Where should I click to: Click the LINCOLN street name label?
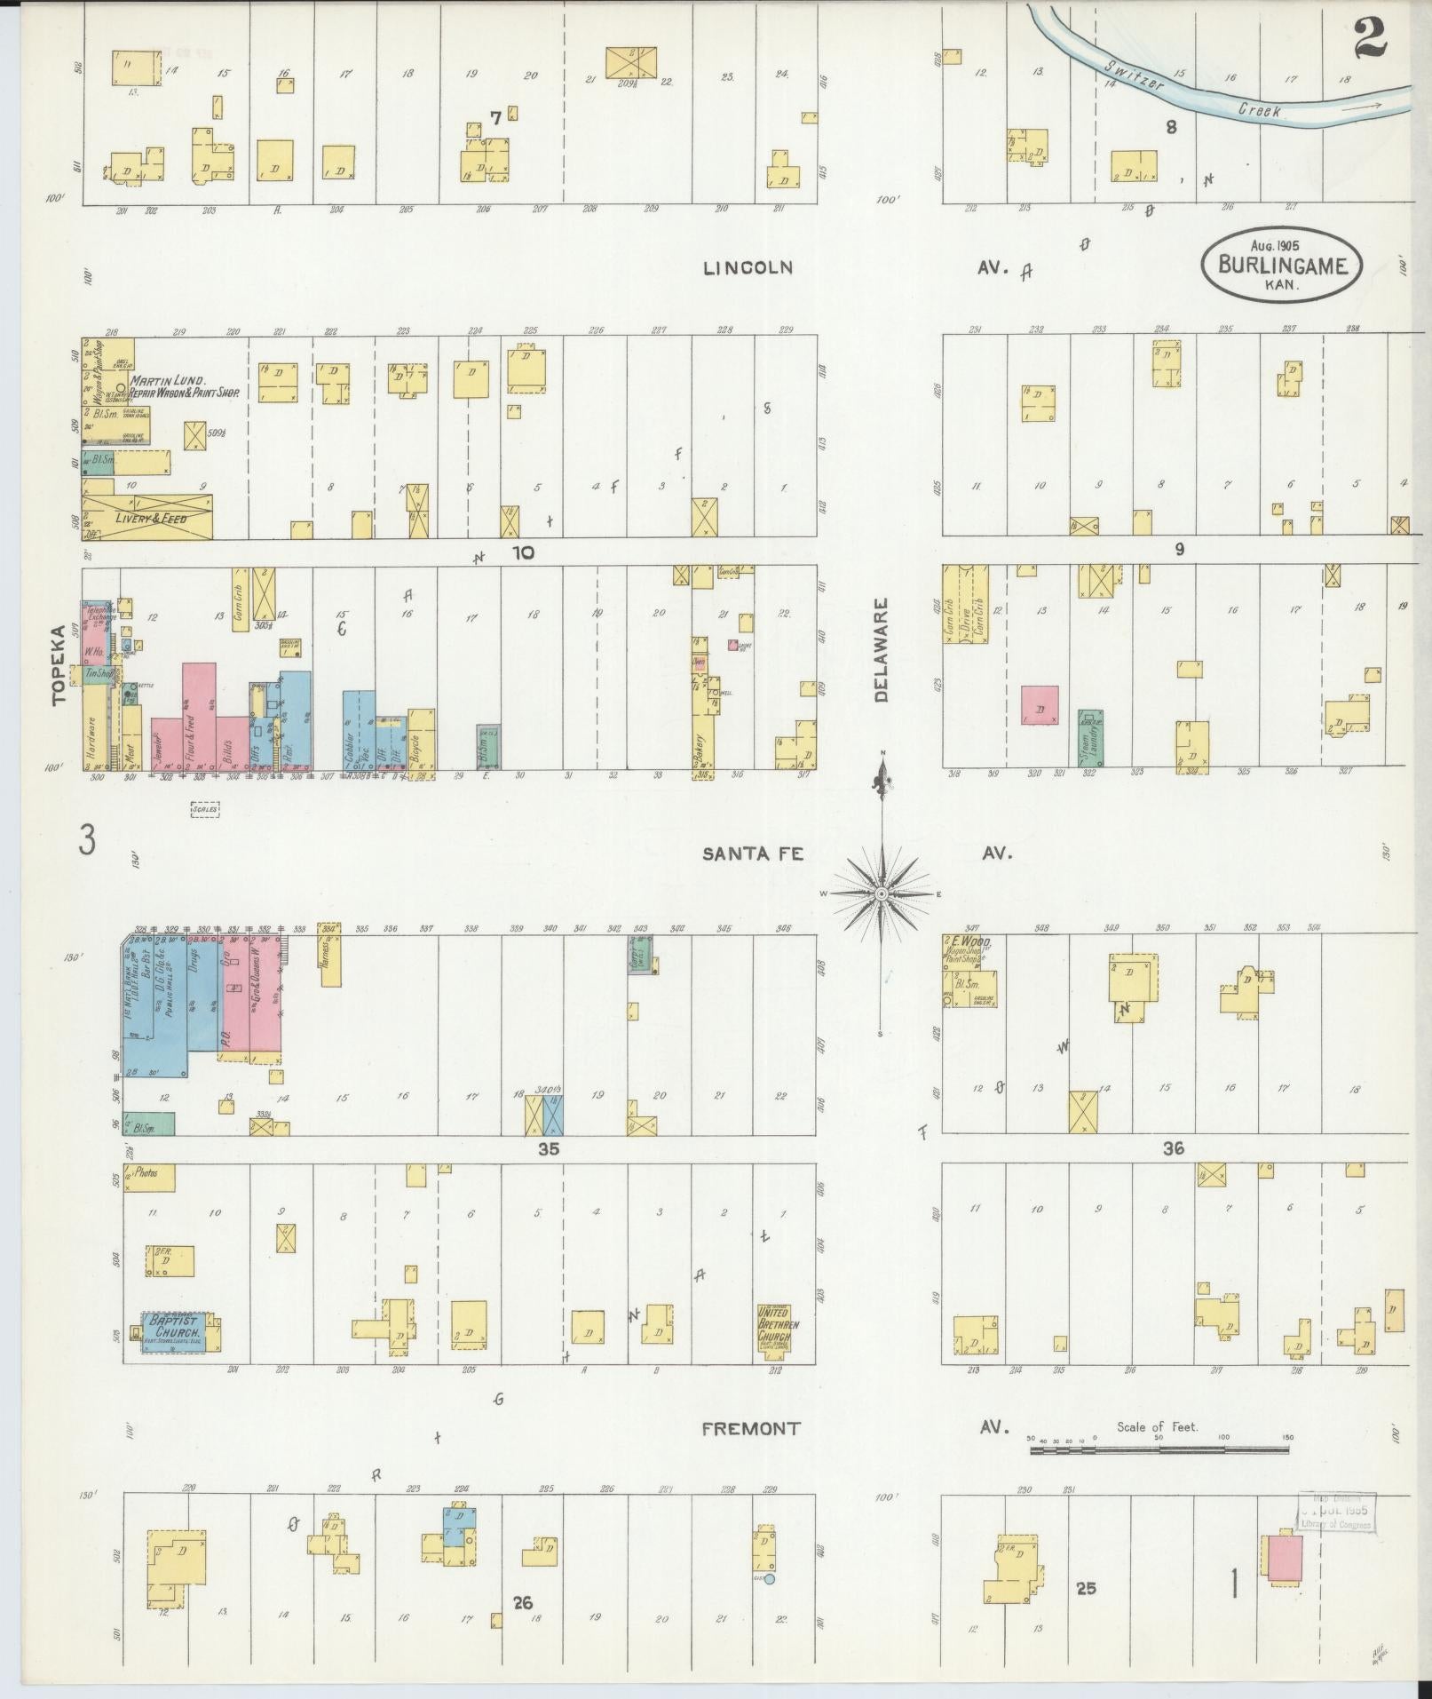pos(747,267)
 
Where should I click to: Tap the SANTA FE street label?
pos(753,853)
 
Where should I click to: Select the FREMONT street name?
pos(751,1428)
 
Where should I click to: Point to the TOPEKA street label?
pos(59,665)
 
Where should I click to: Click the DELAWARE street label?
pos(880,650)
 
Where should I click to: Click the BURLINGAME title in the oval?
pos(1283,265)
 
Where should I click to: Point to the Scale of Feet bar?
pos(1159,1449)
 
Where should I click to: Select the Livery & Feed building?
pos(147,517)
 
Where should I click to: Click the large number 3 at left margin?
pos(86,839)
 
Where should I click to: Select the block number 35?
pos(549,1148)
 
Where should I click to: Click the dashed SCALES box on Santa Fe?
pos(204,809)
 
